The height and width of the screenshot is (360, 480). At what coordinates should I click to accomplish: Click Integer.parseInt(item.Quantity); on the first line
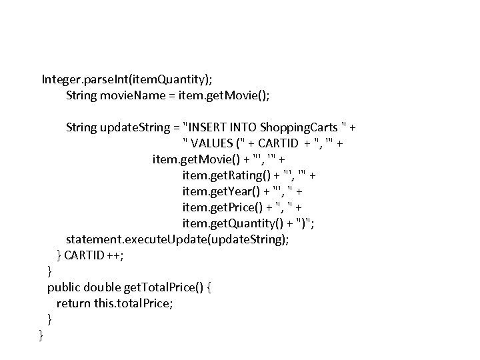[129, 79]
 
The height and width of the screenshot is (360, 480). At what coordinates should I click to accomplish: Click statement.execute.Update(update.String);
[177, 239]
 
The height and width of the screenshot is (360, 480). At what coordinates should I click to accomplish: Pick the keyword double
[103, 287]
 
